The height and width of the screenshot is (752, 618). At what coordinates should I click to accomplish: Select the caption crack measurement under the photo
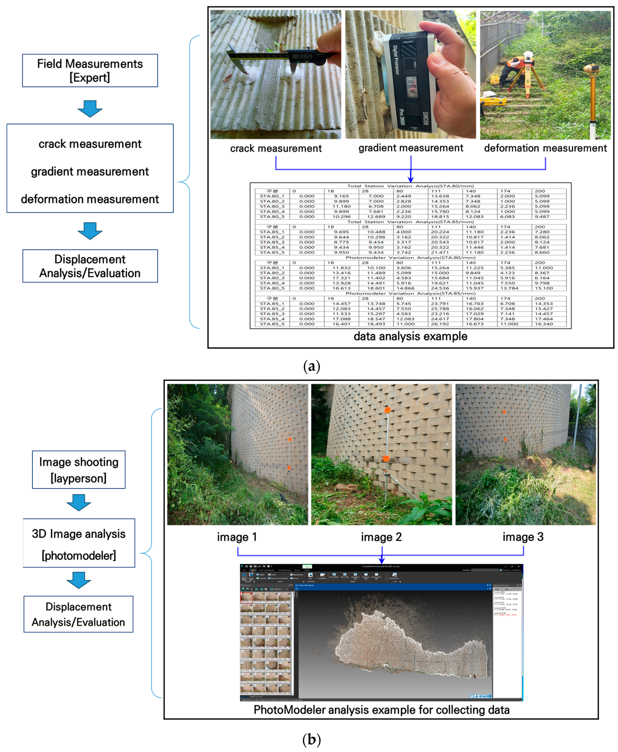click(276, 148)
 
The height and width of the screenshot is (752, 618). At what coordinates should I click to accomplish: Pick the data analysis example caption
click(410, 336)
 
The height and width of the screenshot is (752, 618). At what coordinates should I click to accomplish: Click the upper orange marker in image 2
click(387, 410)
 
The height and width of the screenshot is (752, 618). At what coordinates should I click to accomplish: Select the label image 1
click(237, 537)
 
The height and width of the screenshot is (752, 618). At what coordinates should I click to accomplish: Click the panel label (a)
click(311, 366)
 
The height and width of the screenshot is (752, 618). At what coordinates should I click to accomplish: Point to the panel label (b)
click(311, 739)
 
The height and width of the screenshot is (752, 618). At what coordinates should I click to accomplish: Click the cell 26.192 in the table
click(440, 324)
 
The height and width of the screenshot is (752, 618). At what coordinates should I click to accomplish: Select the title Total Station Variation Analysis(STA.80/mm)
click(410, 186)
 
